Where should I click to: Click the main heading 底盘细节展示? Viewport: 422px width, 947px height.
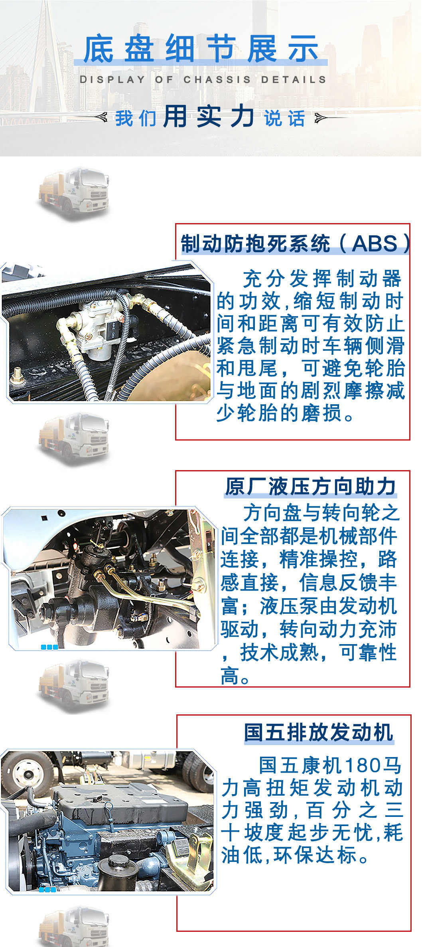pyautogui.click(x=201, y=49)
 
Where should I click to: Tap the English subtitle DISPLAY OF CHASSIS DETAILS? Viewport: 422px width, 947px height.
pyautogui.click(x=203, y=79)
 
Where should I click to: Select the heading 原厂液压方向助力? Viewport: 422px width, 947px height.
pyautogui.click(x=310, y=486)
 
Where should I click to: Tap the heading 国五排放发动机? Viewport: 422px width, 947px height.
pyautogui.click(x=318, y=732)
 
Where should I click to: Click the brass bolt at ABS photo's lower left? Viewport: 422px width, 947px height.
pyautogui.click(x=17, y=375)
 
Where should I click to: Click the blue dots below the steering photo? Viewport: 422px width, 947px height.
pyautogui.click(x=49, y=647)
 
